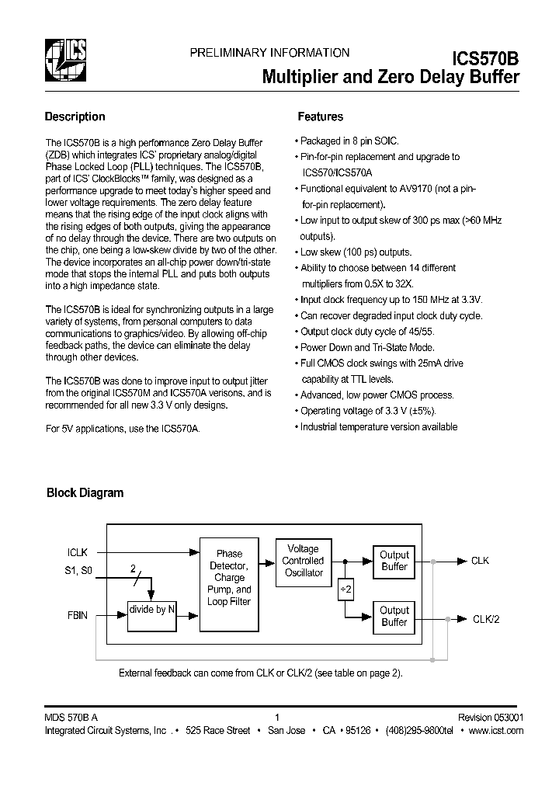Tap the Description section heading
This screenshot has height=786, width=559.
[75, 117]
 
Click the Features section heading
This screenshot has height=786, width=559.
[320, 117]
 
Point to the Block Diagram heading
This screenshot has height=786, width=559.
[85, 492]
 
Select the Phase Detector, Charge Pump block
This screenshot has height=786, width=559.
[229, 578]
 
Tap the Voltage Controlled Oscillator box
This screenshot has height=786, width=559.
[303, 561]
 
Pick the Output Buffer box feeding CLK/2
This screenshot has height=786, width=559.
[394, 617]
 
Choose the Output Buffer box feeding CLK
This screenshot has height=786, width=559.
[394, 561]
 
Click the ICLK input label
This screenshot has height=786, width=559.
[78, 553]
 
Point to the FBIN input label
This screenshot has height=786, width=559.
[78, 615]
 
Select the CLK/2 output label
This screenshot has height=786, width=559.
[488, 619]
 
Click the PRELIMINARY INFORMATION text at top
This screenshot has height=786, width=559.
[269, 53]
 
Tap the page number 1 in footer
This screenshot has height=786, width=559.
[276, 718]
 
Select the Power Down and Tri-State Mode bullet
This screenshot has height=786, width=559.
[367, 347]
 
